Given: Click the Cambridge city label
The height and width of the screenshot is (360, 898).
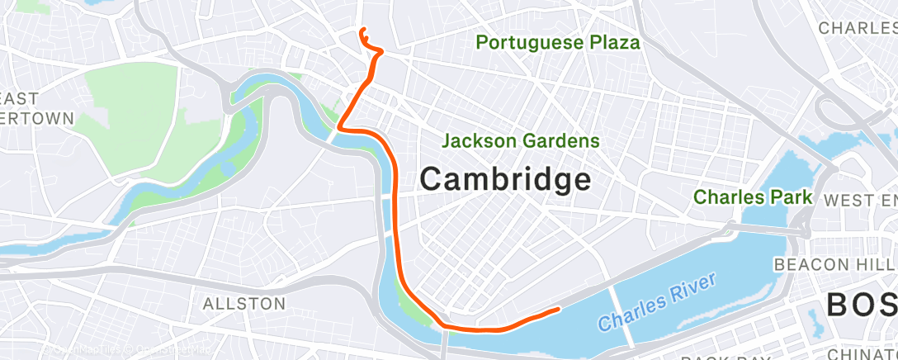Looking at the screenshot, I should pos(505,178).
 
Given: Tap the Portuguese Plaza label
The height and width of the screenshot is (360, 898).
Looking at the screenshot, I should pos(558,42).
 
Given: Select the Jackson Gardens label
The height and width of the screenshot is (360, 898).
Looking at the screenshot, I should pos(521,141).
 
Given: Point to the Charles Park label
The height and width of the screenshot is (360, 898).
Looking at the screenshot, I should pos(753,197).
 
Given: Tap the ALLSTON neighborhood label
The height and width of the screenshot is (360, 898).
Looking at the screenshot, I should pos(244,303).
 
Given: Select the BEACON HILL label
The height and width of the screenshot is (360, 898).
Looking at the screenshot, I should pos(834,264).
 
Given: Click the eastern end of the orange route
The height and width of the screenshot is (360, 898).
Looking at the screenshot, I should pos(559,310).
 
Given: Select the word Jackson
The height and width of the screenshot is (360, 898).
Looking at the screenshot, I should pos(480,141).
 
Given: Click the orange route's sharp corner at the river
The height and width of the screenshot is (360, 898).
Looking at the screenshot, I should pos(339,128).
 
